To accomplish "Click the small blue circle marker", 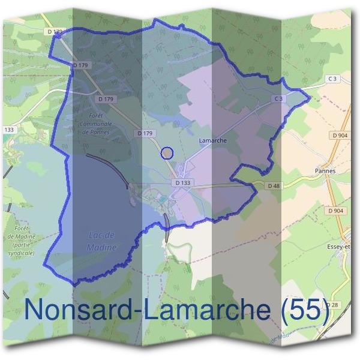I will point(167,153).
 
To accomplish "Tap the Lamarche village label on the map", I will point(211,140).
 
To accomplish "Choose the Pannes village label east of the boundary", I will point(325,170).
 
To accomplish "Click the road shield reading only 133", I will point(9,130).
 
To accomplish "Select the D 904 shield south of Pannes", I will point(335,211).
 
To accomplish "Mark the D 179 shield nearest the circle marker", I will point(146,133).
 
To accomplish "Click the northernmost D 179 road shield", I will point(55,31).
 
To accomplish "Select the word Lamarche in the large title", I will point(200,310).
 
